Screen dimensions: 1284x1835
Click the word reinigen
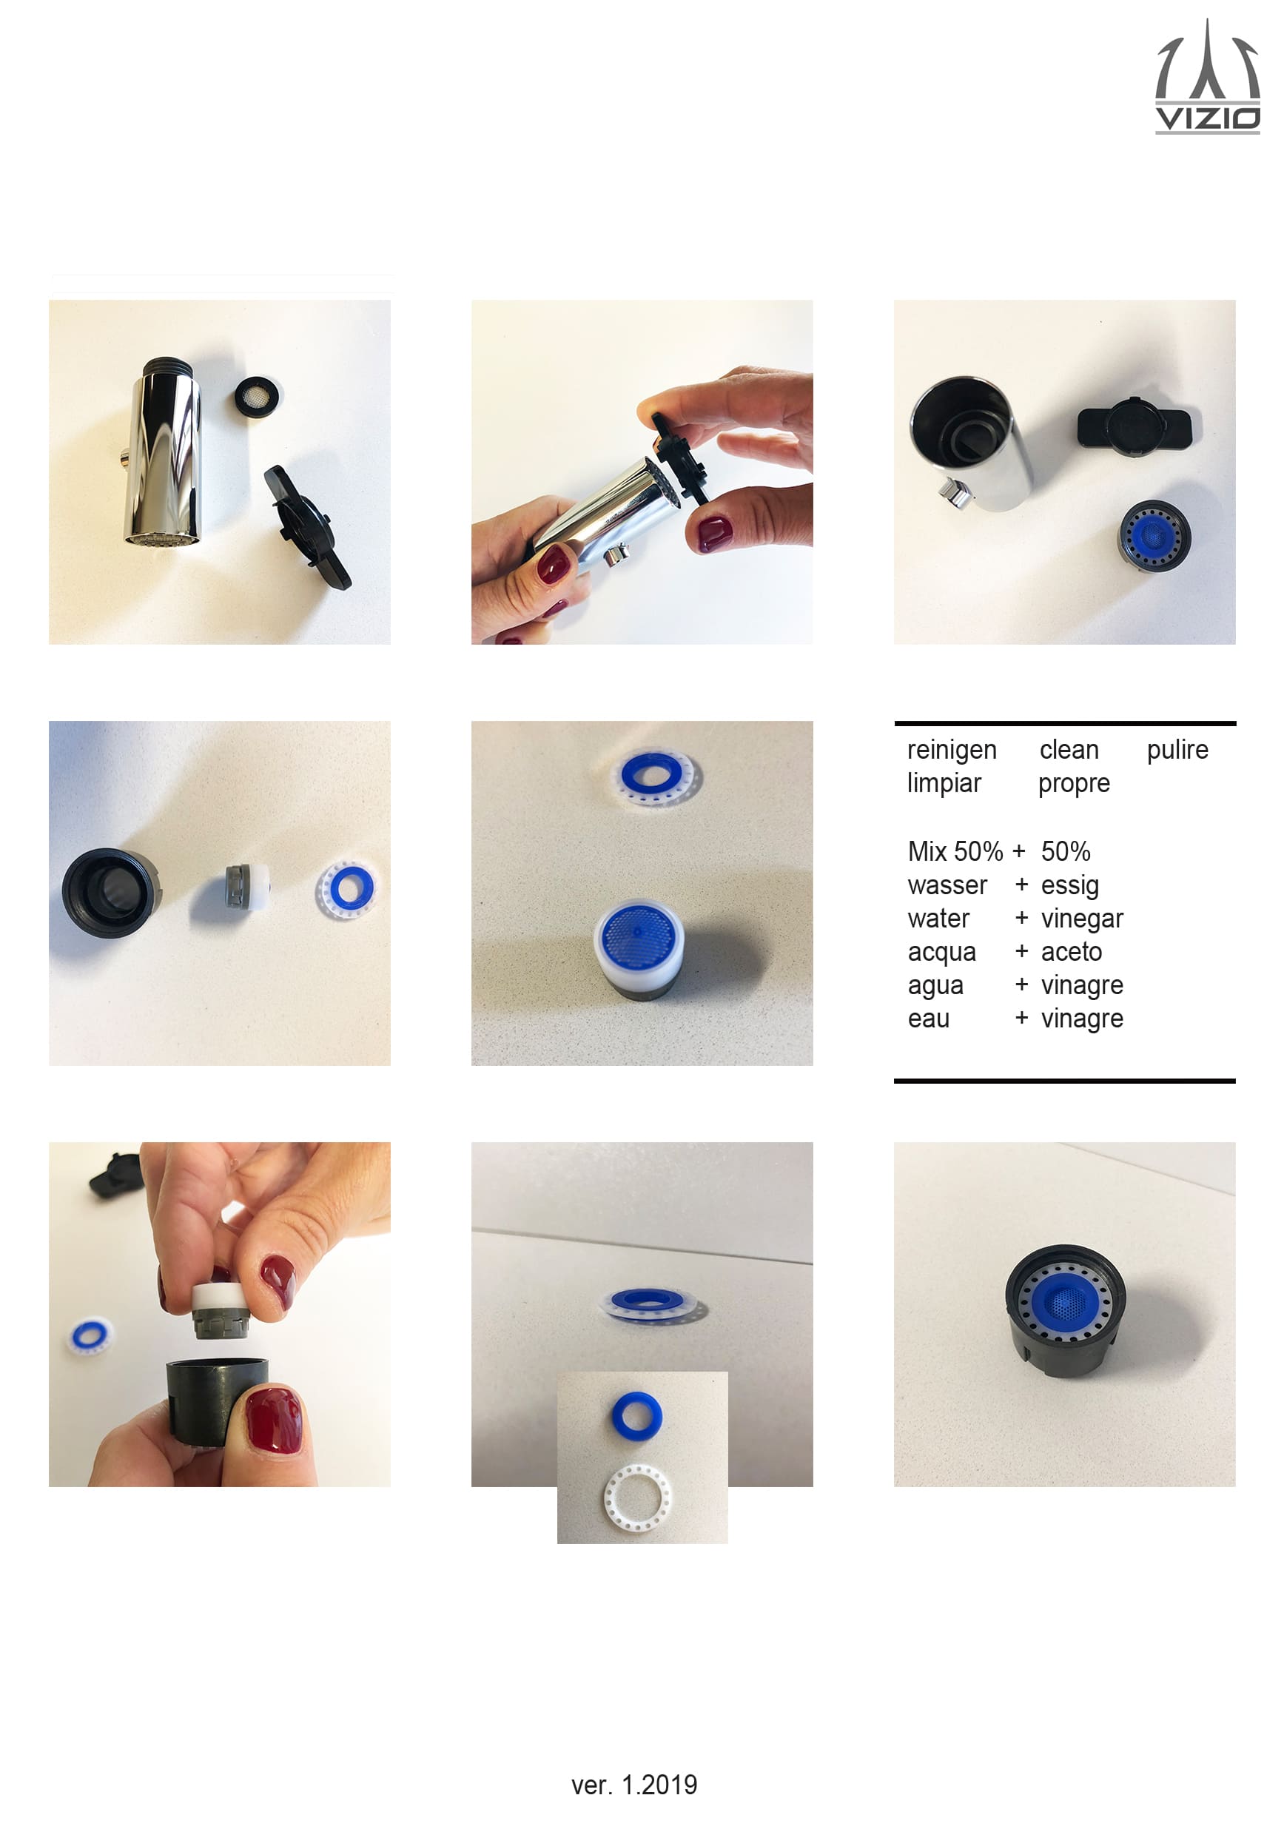(952, 750)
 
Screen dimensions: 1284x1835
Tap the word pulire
(1177, 750)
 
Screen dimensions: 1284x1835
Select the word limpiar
(944, 782)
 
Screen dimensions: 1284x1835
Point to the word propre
(1074, 784)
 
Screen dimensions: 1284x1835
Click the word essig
(1070, 885)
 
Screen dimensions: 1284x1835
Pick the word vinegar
(1082, 919)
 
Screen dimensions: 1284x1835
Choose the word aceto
(1072, 951)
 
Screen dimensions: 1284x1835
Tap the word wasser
(947, 885)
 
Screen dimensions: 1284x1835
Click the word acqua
(942, 953)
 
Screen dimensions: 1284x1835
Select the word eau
(929, 1019)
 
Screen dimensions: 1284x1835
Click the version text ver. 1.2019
(634, 1785)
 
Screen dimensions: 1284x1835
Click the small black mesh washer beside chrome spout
(258, 395)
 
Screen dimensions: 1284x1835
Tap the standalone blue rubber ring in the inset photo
(636, 1413)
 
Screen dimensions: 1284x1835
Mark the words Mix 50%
(955, 851)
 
